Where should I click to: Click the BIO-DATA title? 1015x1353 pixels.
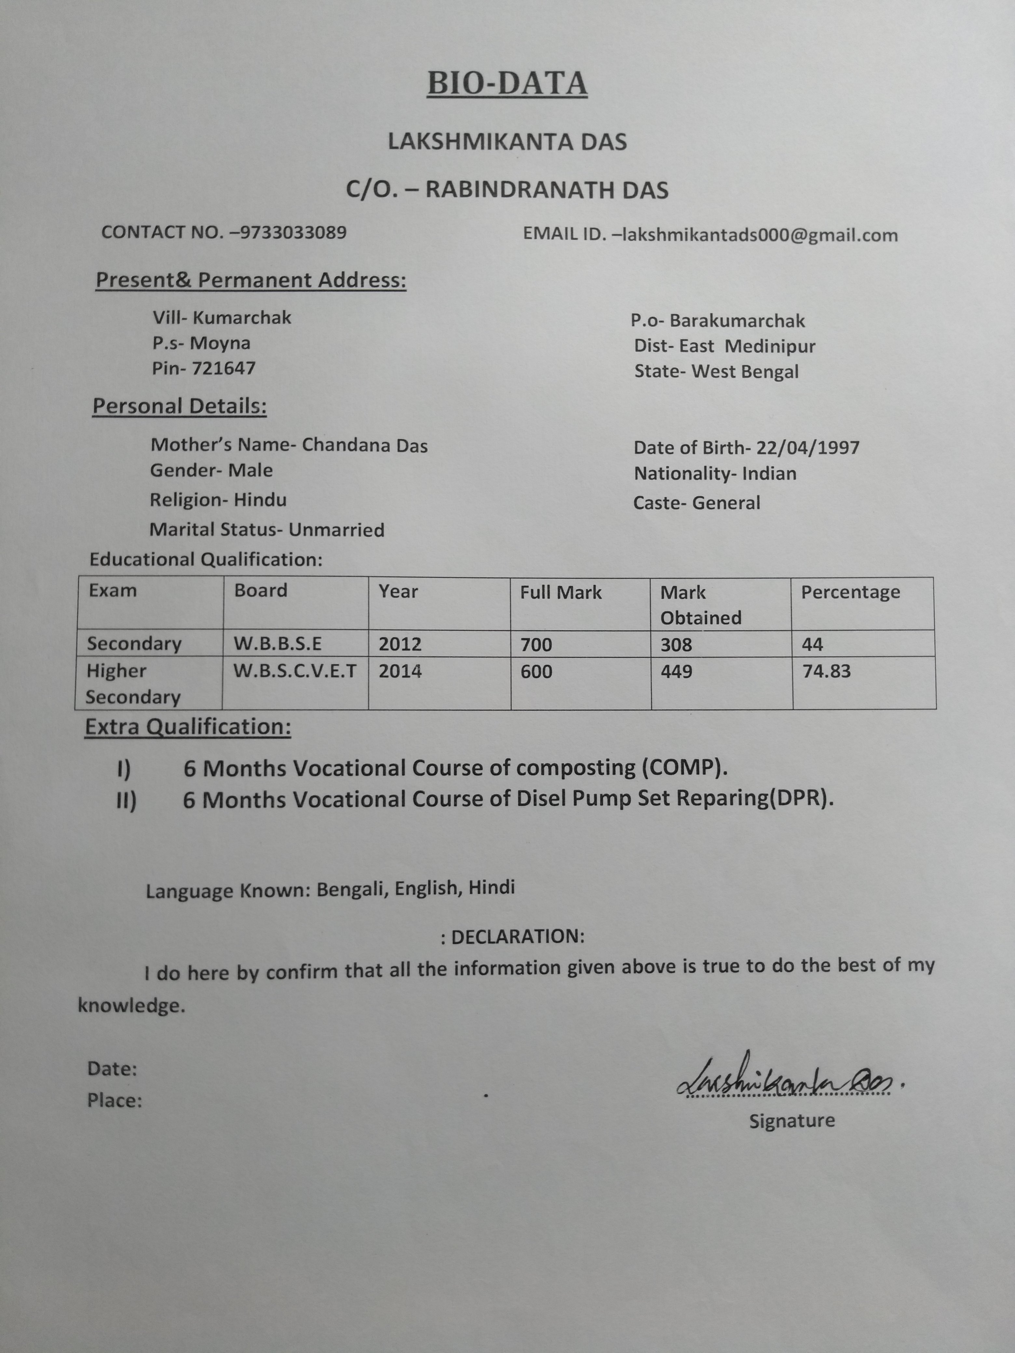(x=507, y=84)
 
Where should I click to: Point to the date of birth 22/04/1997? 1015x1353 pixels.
(x=807, y=448)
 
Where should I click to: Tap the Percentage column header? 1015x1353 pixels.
(x=850, y=592)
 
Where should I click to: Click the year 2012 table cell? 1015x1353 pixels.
(x=400, y=644)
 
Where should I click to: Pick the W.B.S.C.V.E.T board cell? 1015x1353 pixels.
(x=295, y=671)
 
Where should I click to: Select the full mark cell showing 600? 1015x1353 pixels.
(x=536, y=672)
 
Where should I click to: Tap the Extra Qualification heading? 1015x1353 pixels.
(x=188, y=727)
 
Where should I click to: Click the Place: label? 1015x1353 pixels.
(x=115, y=1101)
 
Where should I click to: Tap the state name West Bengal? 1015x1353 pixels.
(x=745, y=372)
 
